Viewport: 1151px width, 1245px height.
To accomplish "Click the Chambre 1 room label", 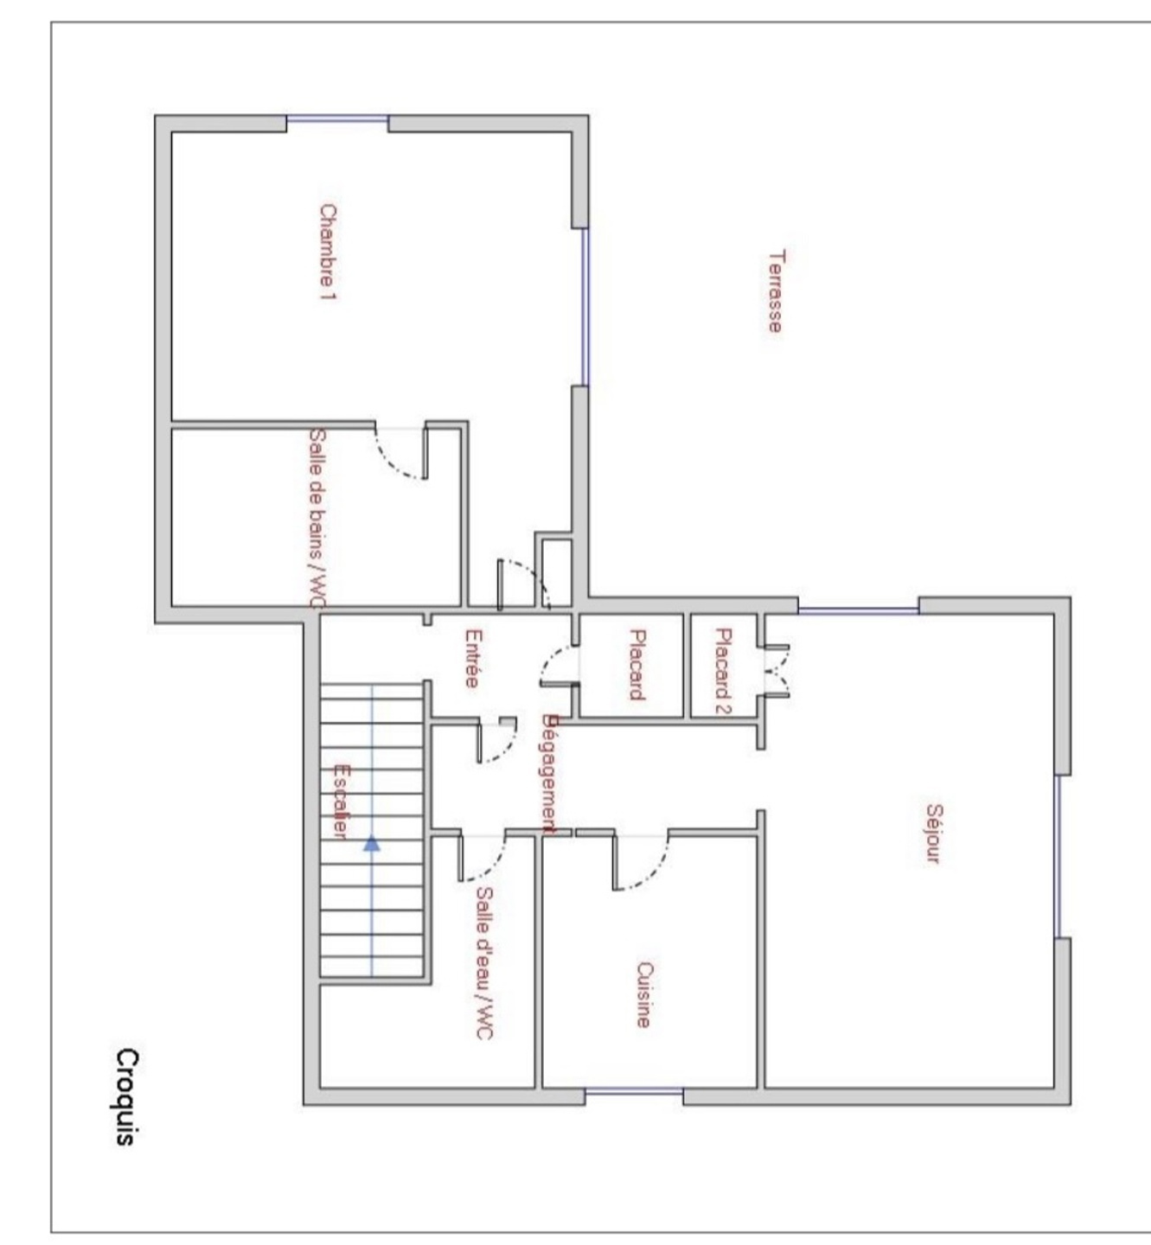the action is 328,252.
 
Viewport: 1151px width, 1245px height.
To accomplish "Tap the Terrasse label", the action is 776,290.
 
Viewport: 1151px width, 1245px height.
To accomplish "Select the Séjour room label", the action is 934,834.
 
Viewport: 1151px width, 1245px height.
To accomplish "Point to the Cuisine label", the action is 643,995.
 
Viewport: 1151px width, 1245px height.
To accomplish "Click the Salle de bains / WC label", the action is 318,519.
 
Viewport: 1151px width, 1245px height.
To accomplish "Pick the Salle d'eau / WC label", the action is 485,963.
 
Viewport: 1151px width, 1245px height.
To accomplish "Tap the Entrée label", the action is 472,658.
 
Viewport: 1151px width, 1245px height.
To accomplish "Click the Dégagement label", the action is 549,774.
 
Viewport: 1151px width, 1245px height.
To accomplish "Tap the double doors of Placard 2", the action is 777,671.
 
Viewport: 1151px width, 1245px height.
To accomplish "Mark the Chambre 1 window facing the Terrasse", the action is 585,307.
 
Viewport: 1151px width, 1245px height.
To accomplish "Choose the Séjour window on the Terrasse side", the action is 858,610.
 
